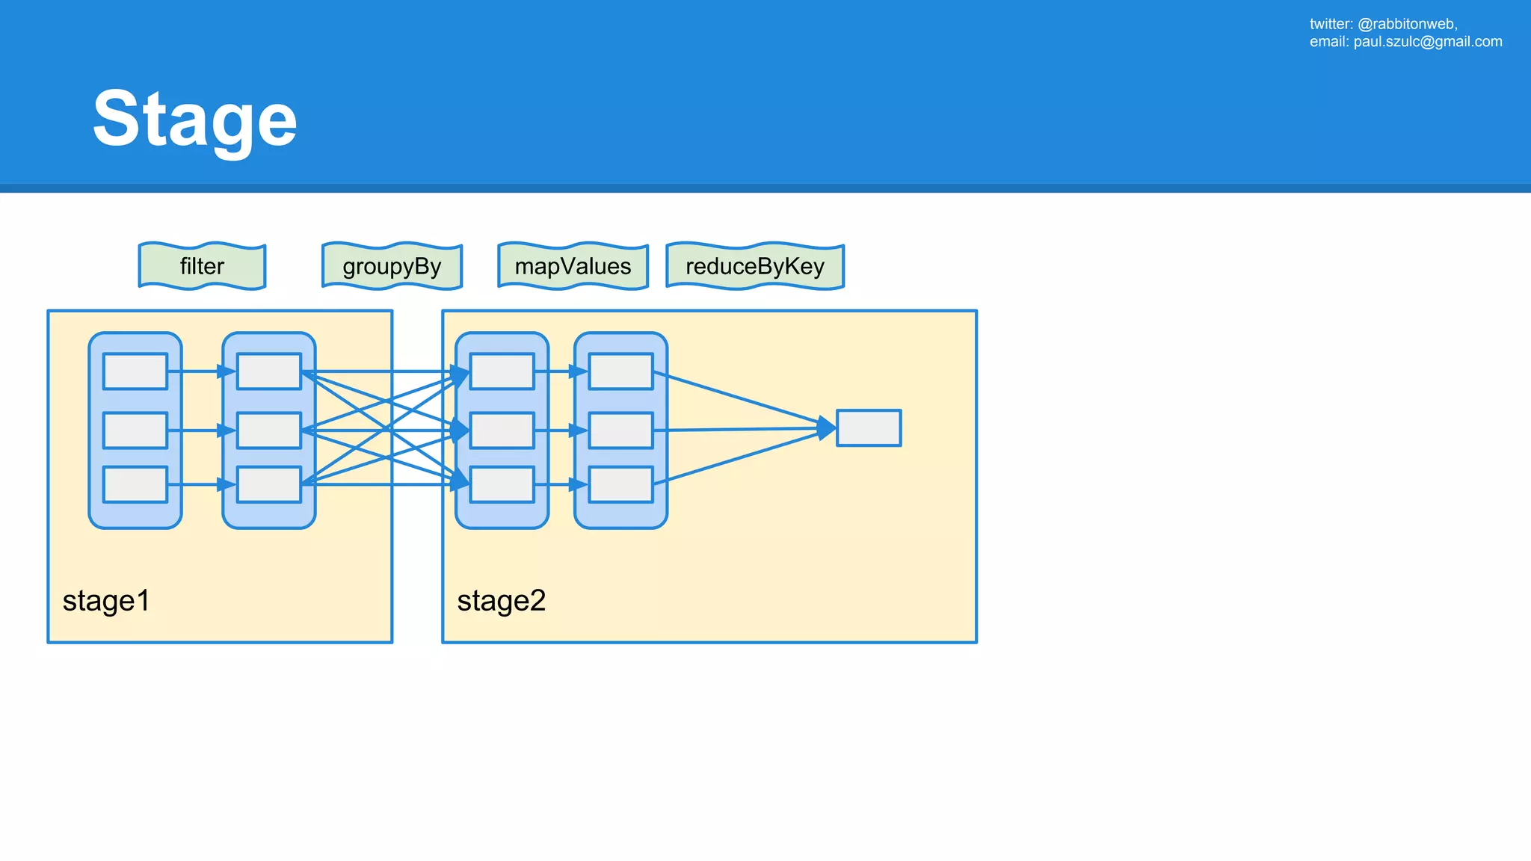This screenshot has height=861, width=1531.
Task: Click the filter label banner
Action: [x=202, y=266]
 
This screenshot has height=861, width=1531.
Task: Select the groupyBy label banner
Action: [x=392, y=266]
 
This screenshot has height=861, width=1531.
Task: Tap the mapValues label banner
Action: [x=573, y=266]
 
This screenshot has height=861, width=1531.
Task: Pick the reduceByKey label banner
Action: [x=755, y=266]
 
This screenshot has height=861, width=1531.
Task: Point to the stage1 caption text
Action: [x=106, y=601]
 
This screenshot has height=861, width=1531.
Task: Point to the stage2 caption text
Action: [x=501, y=601]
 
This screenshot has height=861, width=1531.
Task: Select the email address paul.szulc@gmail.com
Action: [x=1427, y=42]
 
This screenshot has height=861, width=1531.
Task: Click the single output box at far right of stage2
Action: [x=868, y=428]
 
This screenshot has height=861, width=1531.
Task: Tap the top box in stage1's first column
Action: [x=135, y=371]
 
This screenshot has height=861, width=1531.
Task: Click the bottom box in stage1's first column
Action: [x=135, y=484]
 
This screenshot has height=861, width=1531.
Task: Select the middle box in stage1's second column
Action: [x=269, y=430]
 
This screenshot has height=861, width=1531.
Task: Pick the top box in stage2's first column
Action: [x=502, y=371]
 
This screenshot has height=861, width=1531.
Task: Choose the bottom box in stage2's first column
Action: [x=502, y=484]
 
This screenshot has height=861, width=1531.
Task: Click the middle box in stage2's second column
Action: [x=620, y=430]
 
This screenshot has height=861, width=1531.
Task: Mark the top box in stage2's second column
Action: [x=620, y=371]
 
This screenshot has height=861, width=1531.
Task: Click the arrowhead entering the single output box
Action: [x=827, y=428]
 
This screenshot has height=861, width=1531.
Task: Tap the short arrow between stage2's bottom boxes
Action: [x=561, y=484]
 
